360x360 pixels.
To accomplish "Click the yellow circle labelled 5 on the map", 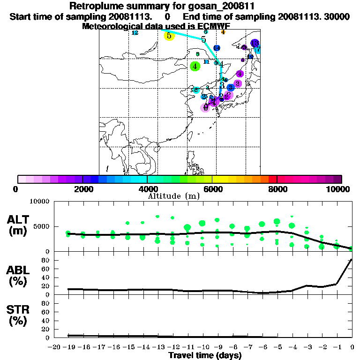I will [169, 36].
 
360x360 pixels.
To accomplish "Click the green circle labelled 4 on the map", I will [195, 66].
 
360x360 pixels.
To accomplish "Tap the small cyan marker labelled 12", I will [135, 33].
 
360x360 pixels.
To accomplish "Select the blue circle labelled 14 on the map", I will [217, 48].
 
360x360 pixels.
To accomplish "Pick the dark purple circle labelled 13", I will [255, 43].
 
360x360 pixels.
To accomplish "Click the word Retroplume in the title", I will [95, 6].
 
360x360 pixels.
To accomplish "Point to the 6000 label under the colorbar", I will [212, 189].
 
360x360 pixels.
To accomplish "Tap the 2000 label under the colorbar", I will [82, 189].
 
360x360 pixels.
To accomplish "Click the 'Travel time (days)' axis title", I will [205, 356].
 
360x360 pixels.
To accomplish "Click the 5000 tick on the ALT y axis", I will [42, 226].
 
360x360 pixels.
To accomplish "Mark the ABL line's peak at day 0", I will [352, 259].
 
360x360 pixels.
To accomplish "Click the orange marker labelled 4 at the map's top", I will [223, 32].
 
